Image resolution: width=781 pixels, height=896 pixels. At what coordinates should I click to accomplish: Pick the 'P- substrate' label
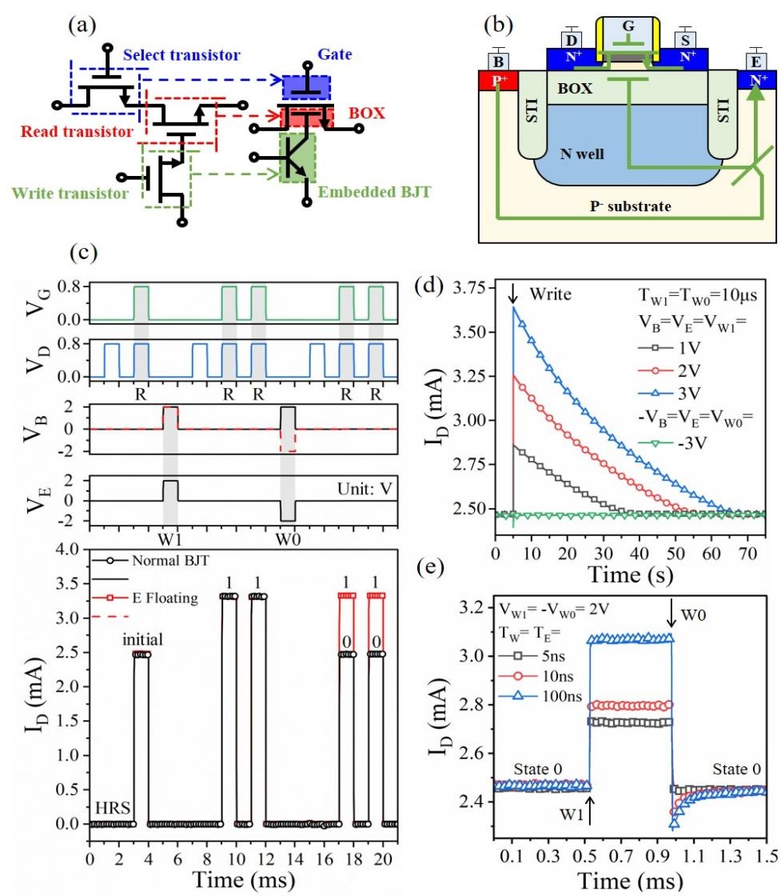[619, 207]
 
